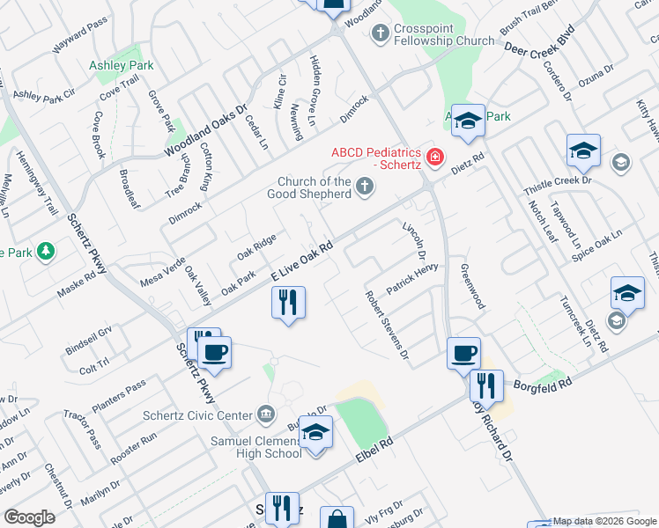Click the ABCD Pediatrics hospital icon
(x=434, y=158)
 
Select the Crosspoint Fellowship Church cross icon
(x=381, y=34)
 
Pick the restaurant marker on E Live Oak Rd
(x=288, y=304)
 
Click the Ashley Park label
(x=121, y=65)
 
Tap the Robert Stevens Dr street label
(x=388, y=325)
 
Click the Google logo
(x=29, y=517)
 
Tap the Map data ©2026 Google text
(x=603, y=521)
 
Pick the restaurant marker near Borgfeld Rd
(x=485, y=385)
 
